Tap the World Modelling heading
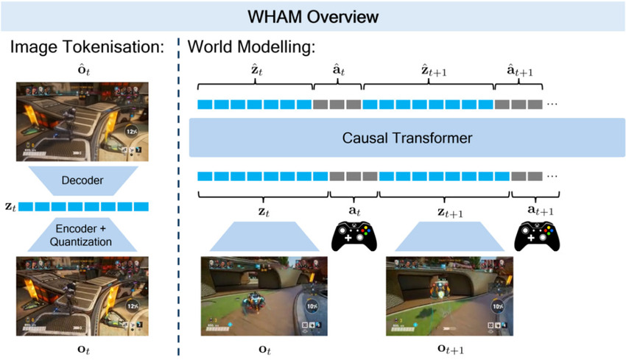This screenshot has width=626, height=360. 250,47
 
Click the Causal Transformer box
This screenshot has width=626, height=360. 407,138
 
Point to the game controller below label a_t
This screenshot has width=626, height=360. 354,235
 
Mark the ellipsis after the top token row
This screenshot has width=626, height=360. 552,105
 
